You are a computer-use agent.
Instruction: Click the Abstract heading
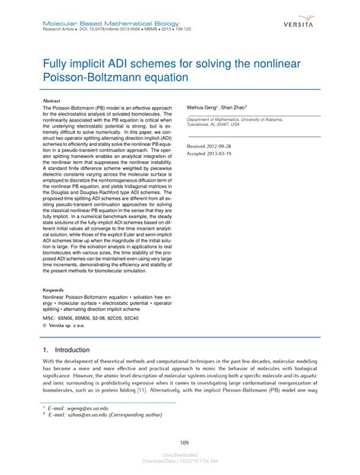(x=52, y=100)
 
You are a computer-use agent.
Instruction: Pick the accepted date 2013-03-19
(x=226, y=152)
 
